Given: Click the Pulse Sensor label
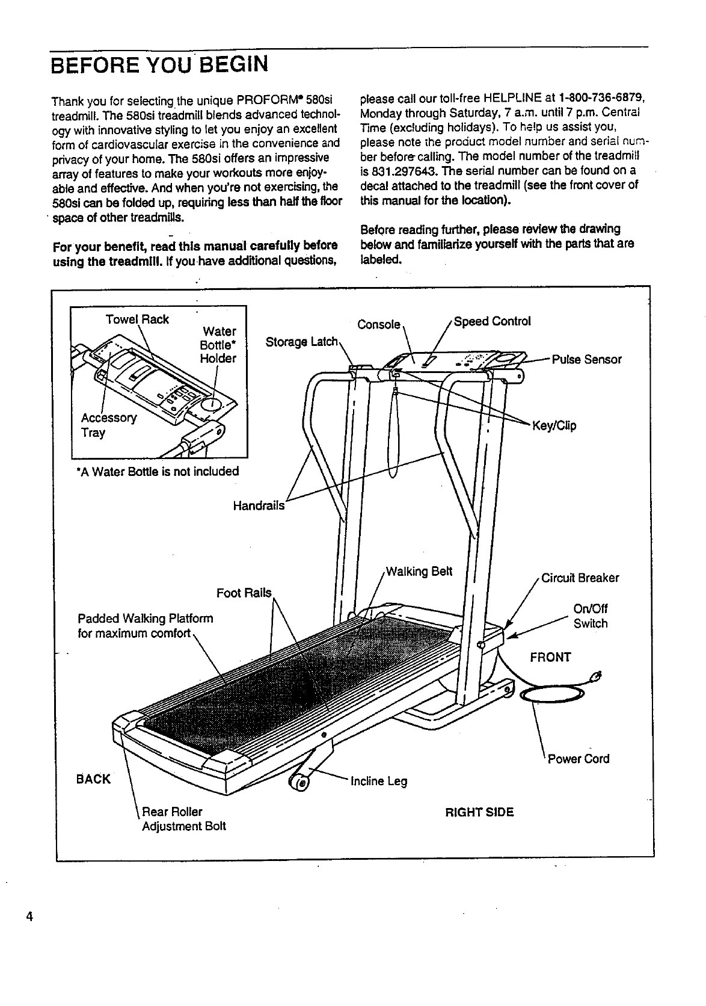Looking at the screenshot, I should point(586,360).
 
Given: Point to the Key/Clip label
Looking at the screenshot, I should point(554,427).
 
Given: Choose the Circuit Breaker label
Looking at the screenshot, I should point(580,578).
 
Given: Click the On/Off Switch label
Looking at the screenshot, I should point(590,616).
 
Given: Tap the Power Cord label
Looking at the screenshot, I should point(578,759).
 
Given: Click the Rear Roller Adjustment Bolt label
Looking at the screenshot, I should point(183,819).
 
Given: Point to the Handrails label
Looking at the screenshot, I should point(259,505).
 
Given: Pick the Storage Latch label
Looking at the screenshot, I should point(301,342).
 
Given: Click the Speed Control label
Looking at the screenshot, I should point(492,321).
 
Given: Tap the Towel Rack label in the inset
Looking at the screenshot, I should point(137,319).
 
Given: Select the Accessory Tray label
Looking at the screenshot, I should point(109,425).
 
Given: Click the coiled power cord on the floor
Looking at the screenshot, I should point(551,696).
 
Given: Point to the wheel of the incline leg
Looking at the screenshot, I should point(299,782).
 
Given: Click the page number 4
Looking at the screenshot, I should point(28,918).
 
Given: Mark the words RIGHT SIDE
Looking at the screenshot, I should point(479,812).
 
